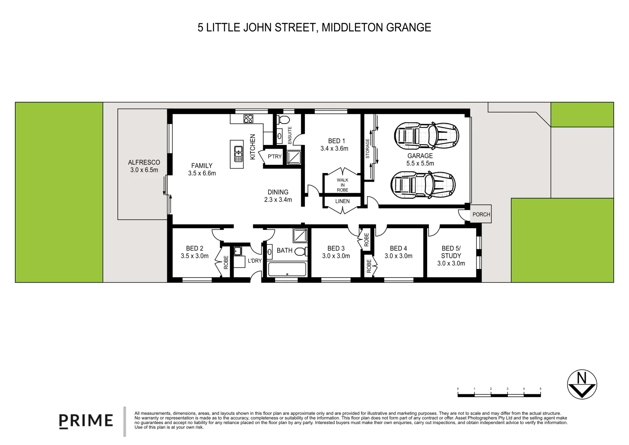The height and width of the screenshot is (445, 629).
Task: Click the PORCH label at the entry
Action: pos(481,215)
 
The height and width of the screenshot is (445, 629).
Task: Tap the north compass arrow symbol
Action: pos(582,385)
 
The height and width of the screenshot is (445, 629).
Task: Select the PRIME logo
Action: pos(86,420)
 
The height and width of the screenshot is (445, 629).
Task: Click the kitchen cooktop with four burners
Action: pos(248,119)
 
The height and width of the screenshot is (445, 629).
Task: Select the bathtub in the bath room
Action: pos(287,269)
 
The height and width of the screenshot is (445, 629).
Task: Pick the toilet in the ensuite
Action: pos(283,119)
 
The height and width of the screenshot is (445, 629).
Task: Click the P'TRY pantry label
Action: pos(274,157)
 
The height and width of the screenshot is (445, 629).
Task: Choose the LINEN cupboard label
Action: pos(342,201)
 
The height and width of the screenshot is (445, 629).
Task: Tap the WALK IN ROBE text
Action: pos(342,185)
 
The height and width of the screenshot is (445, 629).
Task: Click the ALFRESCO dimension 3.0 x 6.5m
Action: pos(144,170)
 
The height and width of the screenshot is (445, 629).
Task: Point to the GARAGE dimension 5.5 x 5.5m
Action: pos(420,163)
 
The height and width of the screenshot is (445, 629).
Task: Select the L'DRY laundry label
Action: pos(255,260)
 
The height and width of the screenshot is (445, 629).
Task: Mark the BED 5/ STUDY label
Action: pos(451,252)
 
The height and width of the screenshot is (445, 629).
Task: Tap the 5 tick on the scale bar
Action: pos(540,389)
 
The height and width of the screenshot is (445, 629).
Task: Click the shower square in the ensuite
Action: pos(294,157)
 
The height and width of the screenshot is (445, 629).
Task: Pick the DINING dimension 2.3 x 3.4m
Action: pos(278,200)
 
